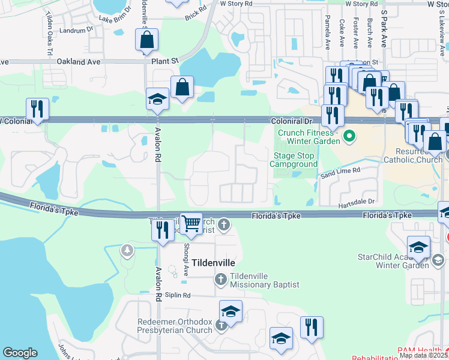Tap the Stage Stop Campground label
coord(295,160)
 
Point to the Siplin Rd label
coord(178,295)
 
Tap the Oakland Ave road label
coord(78,61)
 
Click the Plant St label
coord(166,61)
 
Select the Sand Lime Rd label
coord(340,171)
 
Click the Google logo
coord(20,353)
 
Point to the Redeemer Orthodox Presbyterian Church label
coord(175,325)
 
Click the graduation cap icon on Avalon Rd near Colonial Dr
coord(157,99)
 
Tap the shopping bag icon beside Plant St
coord(146,40)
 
